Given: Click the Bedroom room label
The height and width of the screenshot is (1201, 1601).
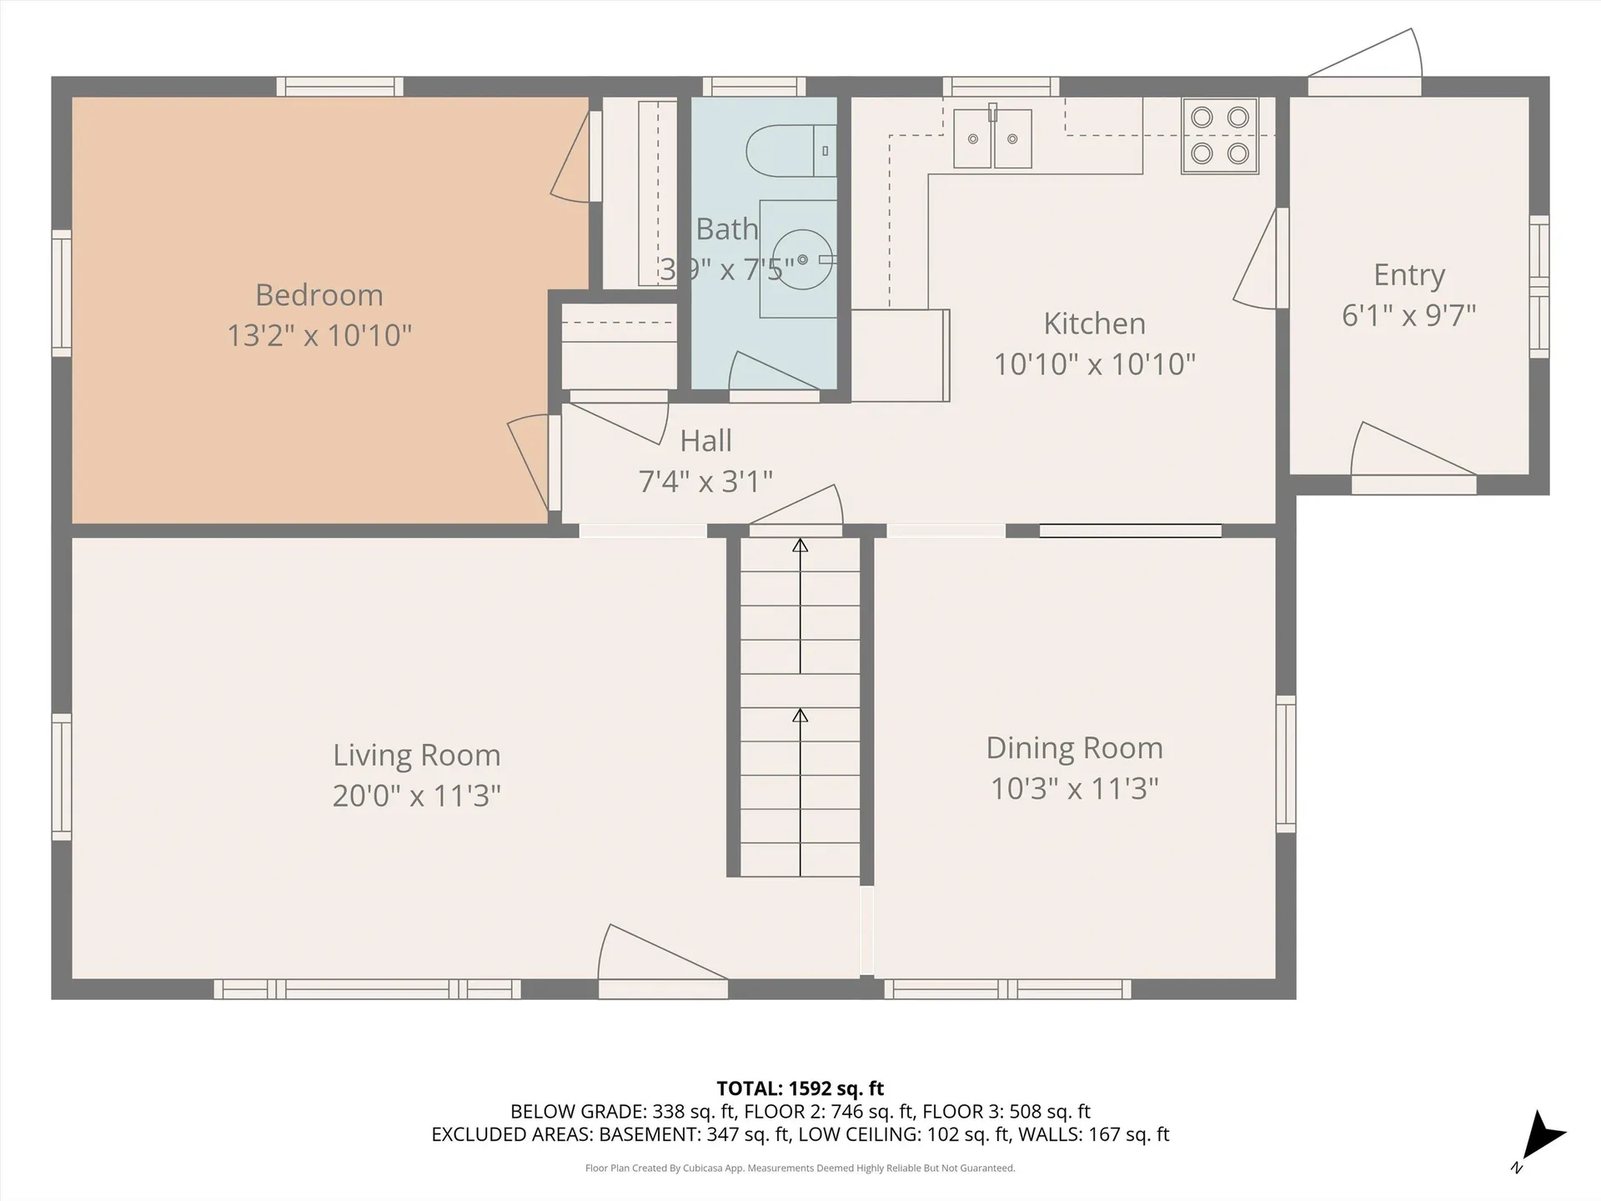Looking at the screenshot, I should coord(319,295).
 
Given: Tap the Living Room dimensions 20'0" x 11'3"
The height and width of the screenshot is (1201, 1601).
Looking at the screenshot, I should coord(416,796).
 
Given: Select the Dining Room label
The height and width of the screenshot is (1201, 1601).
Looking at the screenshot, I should coord(1074,748).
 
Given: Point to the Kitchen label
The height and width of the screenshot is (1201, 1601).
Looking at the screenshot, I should coord(1094,324).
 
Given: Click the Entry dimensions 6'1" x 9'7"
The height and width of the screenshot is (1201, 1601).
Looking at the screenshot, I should coord(1408,315).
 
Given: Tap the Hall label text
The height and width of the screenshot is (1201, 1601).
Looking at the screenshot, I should coord(705,440).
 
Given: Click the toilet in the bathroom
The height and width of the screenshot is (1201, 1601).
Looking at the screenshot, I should coord(789,151).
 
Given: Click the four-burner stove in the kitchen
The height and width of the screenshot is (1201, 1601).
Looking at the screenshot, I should coord(1219,135).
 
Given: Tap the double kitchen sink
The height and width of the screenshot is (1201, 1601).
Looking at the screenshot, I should coord(992,138).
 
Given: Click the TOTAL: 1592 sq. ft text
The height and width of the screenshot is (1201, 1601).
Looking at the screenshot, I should coord(800,1088).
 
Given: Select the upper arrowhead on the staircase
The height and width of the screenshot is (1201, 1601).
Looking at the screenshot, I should coord(800,545).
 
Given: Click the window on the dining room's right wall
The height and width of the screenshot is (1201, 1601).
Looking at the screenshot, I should coord(1286,764).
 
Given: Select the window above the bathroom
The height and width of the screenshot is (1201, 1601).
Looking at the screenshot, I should coord(754,87).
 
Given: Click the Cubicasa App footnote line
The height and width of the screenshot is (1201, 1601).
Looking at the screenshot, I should coord(800,1168).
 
